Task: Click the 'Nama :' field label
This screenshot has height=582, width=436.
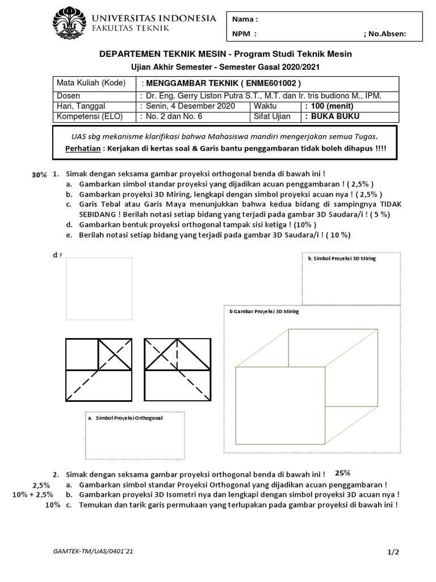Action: click(245, 19)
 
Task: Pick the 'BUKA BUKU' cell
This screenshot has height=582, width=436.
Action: click(332, 117)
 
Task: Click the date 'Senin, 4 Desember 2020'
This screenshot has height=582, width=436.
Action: click(186, 106)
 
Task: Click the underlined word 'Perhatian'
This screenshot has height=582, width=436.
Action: click(85, 147)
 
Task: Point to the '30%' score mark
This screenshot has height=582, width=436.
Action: click(39, 176)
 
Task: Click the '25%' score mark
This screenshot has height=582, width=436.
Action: click(342, 472)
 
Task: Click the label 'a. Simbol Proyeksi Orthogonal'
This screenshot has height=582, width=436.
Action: click(125, 418)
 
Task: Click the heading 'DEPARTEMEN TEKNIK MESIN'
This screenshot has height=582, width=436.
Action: click(163, 54)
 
